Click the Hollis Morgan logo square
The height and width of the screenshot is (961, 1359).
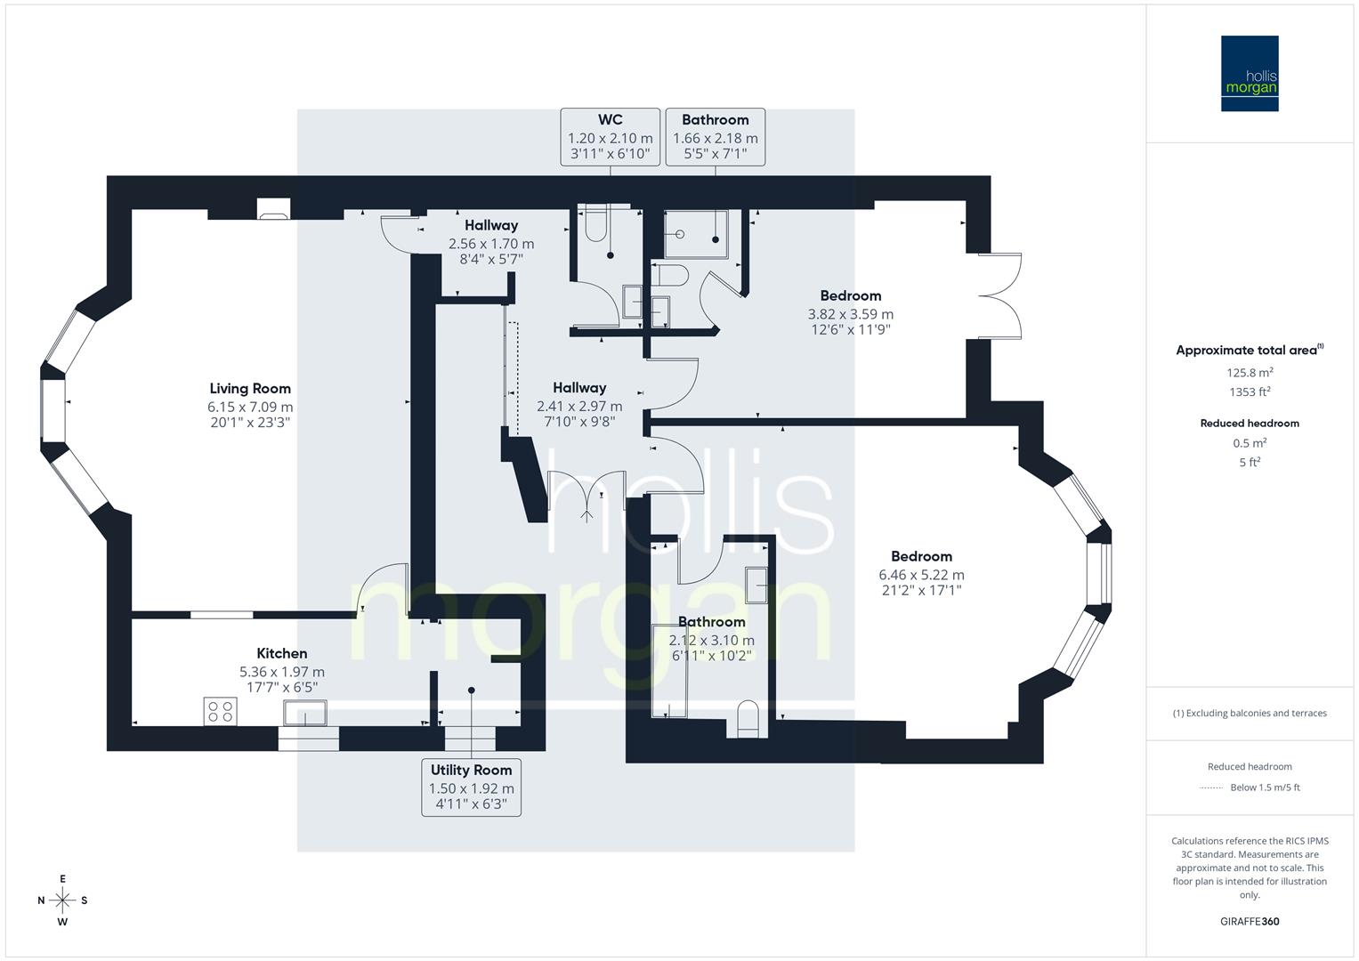click(1249, 73)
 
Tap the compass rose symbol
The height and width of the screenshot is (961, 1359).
click(62, 900)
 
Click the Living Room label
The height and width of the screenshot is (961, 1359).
click(250, 388)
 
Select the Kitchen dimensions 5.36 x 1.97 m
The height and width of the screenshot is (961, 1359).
click(281, 672)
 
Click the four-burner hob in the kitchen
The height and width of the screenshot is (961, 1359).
click(220, 711)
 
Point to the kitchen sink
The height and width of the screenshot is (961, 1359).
click(304, 713)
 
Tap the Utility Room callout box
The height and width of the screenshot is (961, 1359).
click(471, 787)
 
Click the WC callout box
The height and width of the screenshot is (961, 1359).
click(610, 137)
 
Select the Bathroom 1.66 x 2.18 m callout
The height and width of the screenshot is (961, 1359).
click(715, 137)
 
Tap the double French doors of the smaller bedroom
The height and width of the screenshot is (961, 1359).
click(999, 296)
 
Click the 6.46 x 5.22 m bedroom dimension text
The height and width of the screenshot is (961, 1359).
click(921, 575)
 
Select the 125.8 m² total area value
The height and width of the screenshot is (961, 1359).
click(1250, 373)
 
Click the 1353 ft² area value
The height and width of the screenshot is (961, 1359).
click(1250, 392)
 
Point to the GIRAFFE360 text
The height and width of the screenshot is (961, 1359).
click(1250, 921)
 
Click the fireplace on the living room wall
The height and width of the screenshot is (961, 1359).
click(272, 211)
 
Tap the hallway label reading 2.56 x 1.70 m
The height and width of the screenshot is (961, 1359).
click(490, 243)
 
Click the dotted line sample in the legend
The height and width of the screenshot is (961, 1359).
click(1211, 787)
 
